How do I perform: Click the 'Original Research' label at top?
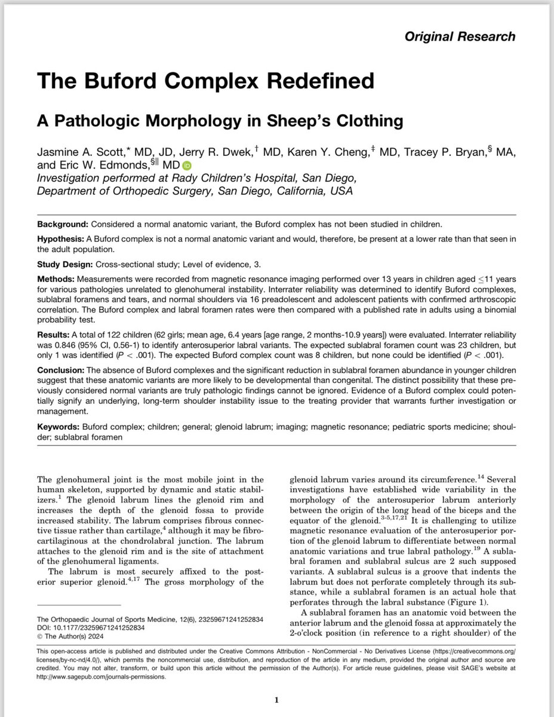click(460, 36)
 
